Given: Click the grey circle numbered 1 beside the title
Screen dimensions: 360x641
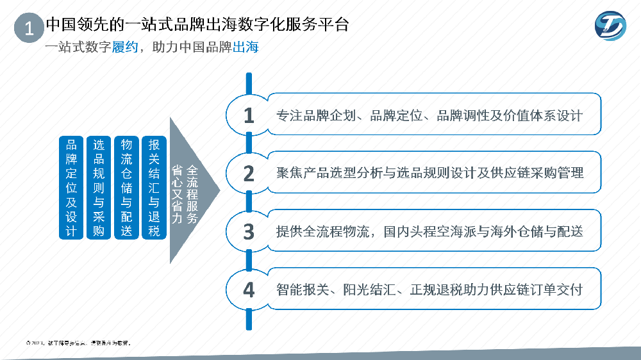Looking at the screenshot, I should click(28, 29).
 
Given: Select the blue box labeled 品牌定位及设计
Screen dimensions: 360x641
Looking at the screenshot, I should click(71, 188).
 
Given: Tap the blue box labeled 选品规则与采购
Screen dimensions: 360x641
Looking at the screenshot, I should click(99, 188).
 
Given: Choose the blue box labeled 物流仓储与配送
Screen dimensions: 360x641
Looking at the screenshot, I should click(127, 188).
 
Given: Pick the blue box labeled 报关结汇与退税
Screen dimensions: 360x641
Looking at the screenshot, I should click(154, 188).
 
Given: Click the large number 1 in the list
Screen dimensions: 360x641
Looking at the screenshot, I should click(249, 115).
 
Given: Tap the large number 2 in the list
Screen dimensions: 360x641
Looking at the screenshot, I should click(249, 173).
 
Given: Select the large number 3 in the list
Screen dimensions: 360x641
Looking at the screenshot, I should click(249, 231).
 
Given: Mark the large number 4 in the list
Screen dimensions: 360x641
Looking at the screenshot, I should click(249, 290).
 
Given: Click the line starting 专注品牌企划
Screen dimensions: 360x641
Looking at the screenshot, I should click(429, 116).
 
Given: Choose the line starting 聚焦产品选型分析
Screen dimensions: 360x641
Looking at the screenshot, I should click(429, 173).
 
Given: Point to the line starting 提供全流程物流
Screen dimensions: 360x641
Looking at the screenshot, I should click(429, 231).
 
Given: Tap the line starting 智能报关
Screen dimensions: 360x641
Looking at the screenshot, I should click(429, 290).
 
